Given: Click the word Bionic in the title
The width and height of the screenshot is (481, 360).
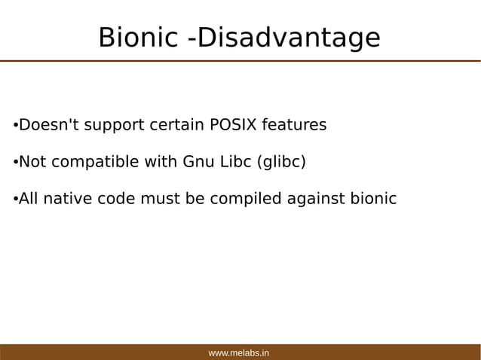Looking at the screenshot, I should (x=138, y=38).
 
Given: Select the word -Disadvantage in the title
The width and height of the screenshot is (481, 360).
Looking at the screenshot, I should (x=284, y=38).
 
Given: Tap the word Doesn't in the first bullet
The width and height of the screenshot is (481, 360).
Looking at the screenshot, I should (x=48, y=124).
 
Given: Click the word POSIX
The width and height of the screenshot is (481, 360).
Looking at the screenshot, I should (x=231, y=124).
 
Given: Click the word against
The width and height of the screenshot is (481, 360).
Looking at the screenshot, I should (x=316, y=200).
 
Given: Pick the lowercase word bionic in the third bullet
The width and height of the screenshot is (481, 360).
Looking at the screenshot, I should (x=372, y=199).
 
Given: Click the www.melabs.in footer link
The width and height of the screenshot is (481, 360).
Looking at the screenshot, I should (x=239, y=352).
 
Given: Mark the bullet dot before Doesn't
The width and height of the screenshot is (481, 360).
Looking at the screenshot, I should (x=15, y=125).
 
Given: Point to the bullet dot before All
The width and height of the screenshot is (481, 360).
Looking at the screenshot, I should (x=15, y=200).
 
